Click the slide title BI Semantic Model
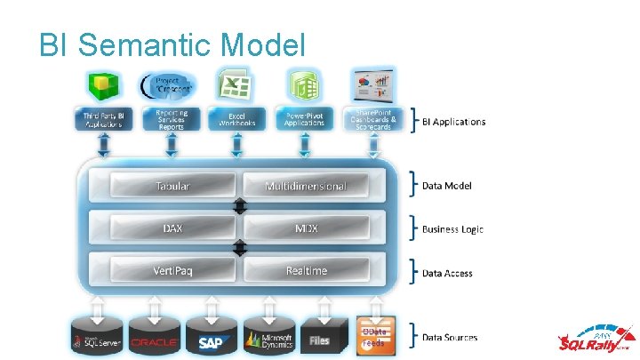172,44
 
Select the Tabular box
173,186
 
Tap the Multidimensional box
306,186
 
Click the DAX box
173,228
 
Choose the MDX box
306,228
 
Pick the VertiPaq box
173,270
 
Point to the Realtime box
306,270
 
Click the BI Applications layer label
453,122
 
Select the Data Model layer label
446,186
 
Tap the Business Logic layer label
452,229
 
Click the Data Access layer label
447,273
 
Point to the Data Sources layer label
449,337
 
